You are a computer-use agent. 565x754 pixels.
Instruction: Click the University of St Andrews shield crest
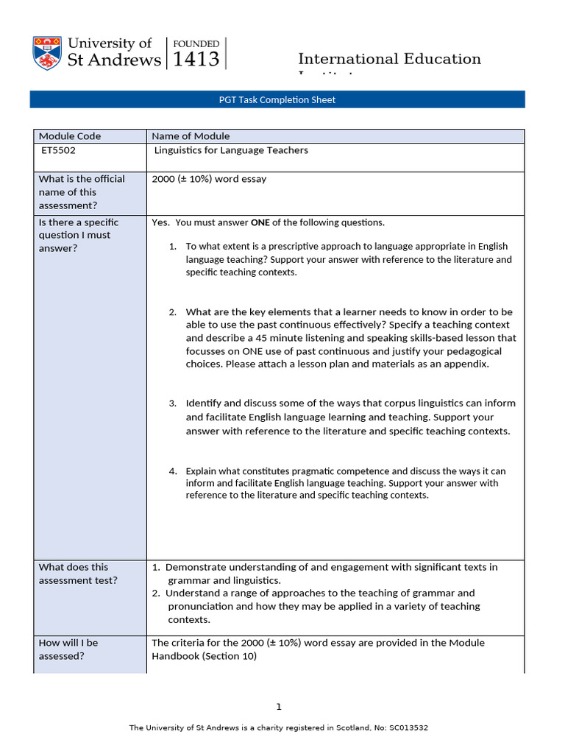[47, 52]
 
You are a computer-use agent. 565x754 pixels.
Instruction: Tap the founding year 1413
[196, 60]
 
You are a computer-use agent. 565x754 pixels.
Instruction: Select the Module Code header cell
[70, 136]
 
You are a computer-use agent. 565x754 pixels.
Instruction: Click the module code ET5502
[59, 150]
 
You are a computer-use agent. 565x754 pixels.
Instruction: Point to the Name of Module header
[191, 136]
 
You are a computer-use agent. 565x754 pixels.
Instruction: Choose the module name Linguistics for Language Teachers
[231, 150]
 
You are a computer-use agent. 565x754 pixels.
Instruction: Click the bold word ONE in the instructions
[260, 222]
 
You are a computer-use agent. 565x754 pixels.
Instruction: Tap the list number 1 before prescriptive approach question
[173, 247]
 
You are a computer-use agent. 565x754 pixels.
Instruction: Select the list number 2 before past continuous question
[173, 312]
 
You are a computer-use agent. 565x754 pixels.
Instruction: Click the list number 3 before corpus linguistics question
[173, 404]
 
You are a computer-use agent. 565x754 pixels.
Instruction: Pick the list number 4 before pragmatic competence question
[173, 471]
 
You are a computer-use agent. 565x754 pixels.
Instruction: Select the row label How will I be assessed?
[68, 649]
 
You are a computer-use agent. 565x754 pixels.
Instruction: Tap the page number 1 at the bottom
[279, 707]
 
